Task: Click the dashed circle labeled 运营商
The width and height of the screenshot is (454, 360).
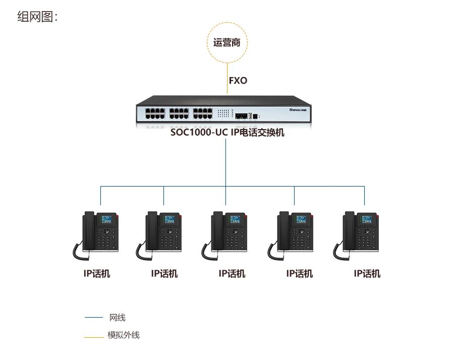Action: [227, 42]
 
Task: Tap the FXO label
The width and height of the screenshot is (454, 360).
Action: [238, 80]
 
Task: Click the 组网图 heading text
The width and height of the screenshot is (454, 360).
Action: [38, 17]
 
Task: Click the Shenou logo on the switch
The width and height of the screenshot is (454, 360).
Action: [298, 109]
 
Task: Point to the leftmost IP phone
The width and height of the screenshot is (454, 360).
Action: [97, 233]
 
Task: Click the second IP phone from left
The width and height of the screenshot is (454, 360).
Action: [161, 233]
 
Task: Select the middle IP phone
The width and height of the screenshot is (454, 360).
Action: [226, 233]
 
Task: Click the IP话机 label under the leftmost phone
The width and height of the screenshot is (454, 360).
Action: [97, 274]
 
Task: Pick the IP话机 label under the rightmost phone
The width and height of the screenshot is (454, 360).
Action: [367, 274]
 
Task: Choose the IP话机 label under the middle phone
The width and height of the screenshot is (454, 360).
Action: [232, 274]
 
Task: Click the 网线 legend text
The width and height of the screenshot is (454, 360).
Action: [117, 318]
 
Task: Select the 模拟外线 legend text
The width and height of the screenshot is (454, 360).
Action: [123, 335]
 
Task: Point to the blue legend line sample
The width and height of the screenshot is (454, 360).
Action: [93, 318]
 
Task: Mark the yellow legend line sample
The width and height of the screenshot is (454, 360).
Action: [93, 335]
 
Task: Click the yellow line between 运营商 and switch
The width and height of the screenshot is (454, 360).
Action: [227, 78]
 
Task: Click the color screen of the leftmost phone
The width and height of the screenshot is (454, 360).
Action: [107, 219]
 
